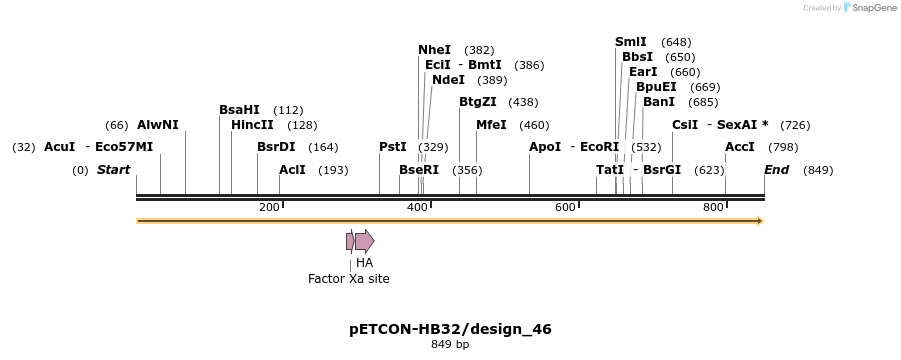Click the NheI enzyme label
click(434, 50)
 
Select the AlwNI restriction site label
click(158, 125)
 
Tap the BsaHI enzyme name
click(239, 110)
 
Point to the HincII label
click(252, 125)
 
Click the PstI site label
click(393, 147)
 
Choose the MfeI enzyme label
click(491, 125)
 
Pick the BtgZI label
click(478, 102)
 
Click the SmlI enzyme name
click(631, 42)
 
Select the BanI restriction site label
click(659, 102)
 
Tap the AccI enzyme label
click(740, 147)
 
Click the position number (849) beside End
click(818, 170)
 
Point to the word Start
click(113, 170)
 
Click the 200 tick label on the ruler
click(269, 207)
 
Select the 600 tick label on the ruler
click(565, 207)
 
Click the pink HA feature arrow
click(364, 241)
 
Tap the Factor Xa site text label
click(348, 279)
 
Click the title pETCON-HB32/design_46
click(450, 329)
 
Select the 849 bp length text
click(450, 345)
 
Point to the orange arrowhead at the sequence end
click(760, 220)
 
